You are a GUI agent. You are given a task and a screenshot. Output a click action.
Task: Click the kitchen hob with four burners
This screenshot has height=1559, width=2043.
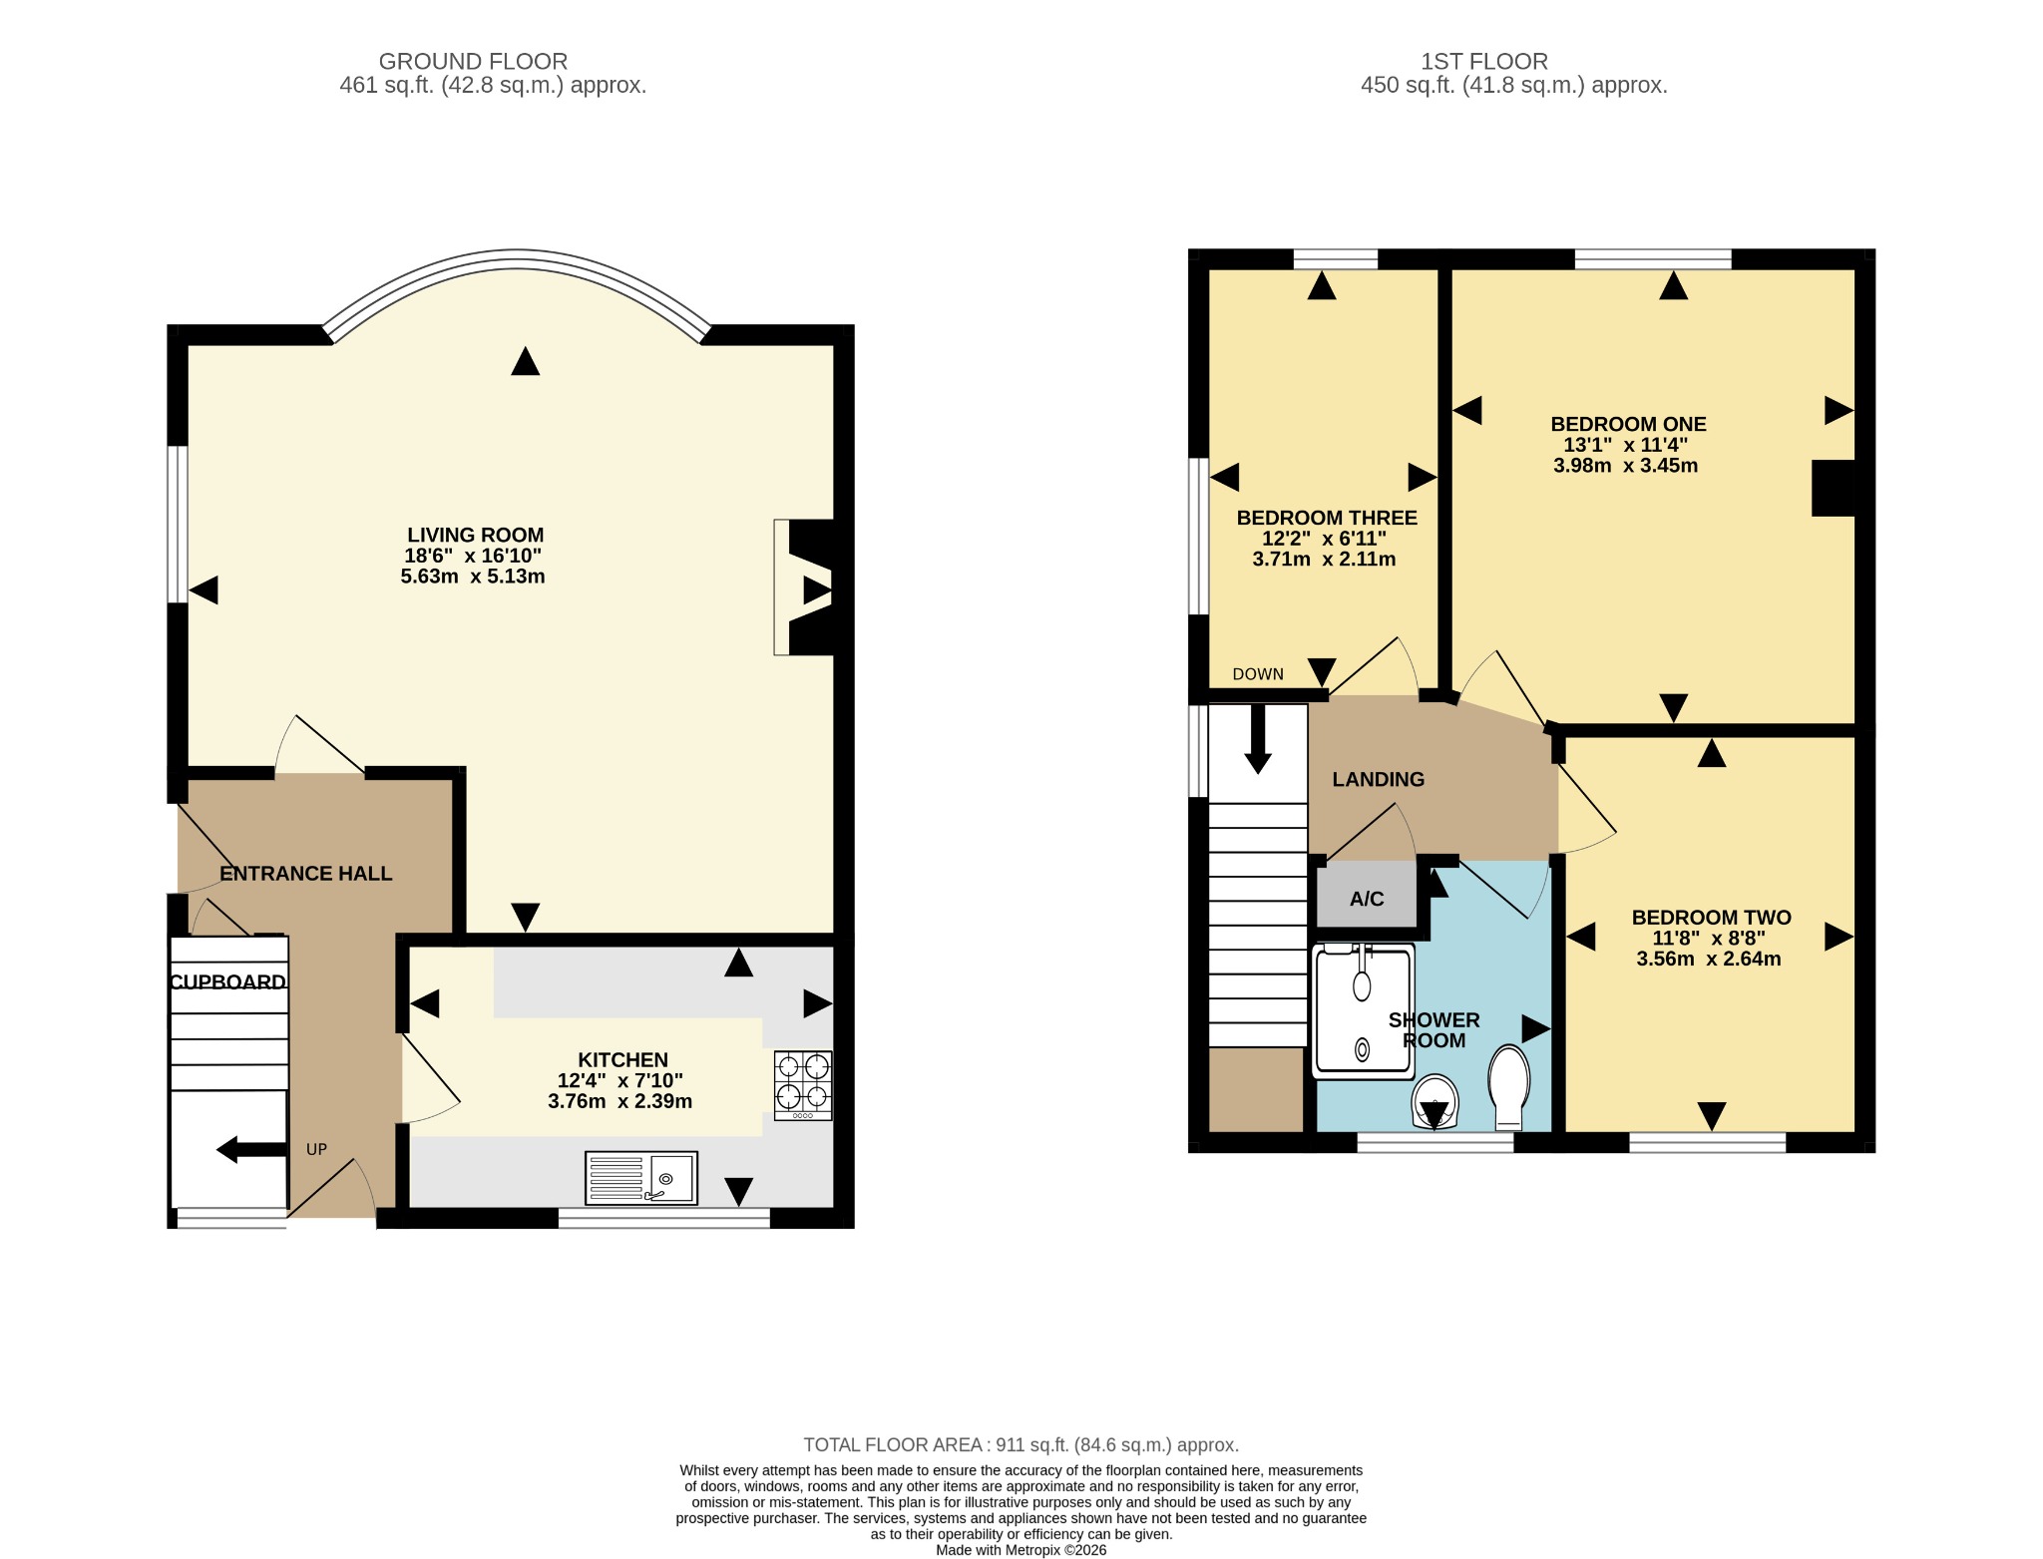(803, 1085)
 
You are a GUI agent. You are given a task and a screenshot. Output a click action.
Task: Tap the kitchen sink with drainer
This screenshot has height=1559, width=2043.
(641, 1178)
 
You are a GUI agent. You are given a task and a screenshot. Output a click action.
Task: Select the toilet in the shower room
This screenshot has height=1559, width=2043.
(1508, 1086)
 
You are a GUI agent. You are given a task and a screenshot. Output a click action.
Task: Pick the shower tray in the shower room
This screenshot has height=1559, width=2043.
(1363, 1010)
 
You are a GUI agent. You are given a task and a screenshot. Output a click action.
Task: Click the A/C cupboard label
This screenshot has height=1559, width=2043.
(1367, 899)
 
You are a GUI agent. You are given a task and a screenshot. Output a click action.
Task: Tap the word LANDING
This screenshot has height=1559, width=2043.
(1379, 779)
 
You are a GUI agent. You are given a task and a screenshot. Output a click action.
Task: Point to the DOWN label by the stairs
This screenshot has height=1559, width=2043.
(1258, 674)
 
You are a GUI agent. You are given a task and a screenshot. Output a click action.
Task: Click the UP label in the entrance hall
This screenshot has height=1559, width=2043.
(316, 1149)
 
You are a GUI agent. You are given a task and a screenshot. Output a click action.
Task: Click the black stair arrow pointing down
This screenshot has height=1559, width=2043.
(1258, 739)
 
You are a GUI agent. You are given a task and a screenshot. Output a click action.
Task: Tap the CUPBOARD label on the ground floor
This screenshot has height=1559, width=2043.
(227, 982)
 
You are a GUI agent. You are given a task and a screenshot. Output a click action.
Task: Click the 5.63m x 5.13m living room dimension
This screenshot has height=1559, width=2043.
(473, 577)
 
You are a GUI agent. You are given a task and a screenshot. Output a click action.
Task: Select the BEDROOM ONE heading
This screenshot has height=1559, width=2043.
(1628, 424)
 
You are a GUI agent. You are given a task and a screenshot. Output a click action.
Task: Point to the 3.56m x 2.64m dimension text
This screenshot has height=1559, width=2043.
(1709, 959)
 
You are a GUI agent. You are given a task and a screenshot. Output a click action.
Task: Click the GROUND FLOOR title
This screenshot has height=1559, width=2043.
(473, 62)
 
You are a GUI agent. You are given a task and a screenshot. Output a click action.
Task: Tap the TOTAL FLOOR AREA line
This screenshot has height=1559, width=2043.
(1021, 1444)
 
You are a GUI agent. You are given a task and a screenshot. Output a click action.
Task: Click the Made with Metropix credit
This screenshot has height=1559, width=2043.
(1021, 1550)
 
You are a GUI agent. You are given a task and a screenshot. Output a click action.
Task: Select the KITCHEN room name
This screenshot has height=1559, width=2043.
(622, 1059)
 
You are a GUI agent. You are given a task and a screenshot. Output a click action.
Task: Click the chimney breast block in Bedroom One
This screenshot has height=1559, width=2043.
(1833, 488)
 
